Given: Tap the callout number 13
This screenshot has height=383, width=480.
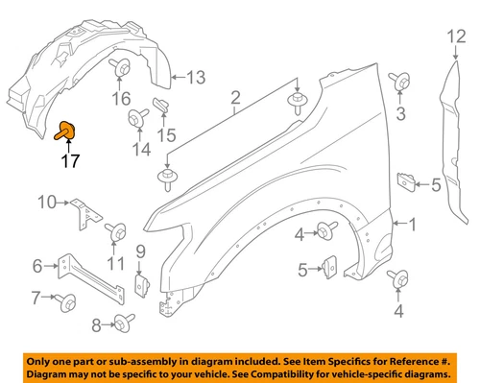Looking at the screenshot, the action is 196,77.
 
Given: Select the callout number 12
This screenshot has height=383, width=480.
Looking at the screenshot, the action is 453,37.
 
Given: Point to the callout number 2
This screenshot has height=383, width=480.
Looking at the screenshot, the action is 234,97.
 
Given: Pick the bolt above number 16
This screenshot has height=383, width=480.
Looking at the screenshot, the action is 122,68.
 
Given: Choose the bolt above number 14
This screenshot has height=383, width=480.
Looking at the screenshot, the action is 135,118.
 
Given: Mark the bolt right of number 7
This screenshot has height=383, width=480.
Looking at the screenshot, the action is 68,301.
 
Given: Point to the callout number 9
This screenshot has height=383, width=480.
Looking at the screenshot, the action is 139,251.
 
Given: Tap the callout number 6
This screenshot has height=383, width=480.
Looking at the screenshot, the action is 38,266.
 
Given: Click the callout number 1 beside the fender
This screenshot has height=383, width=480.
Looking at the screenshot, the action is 414,226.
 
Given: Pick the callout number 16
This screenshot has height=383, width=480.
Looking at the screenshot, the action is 121,98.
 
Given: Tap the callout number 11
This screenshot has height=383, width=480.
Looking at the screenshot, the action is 116,264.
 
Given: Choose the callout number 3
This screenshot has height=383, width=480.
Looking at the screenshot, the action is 401,114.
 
